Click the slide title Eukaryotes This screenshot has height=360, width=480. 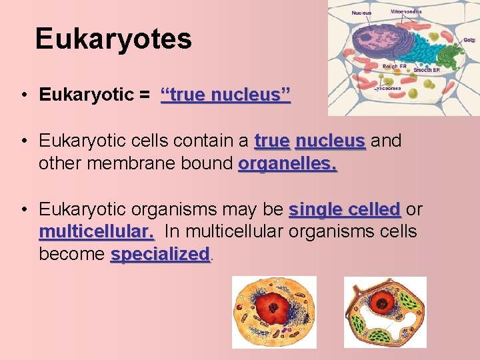[x=113, y=39]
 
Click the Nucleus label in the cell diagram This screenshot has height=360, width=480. [x=362, y=12]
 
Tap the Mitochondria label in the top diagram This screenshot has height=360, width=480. [x=405, y=11]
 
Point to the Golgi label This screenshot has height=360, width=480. [x=469, y=40]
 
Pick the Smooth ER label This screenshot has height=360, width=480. [x=427, y=69]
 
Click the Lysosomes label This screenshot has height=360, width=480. [x=387, y=87]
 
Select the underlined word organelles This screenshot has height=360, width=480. [x=287, y=163]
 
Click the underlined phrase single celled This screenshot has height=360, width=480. [x=344, y=209]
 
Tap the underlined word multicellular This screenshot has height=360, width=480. [x=97, y=232]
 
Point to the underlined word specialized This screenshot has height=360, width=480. [x=160, y=255]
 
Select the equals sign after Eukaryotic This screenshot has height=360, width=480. [x=145, y=95]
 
